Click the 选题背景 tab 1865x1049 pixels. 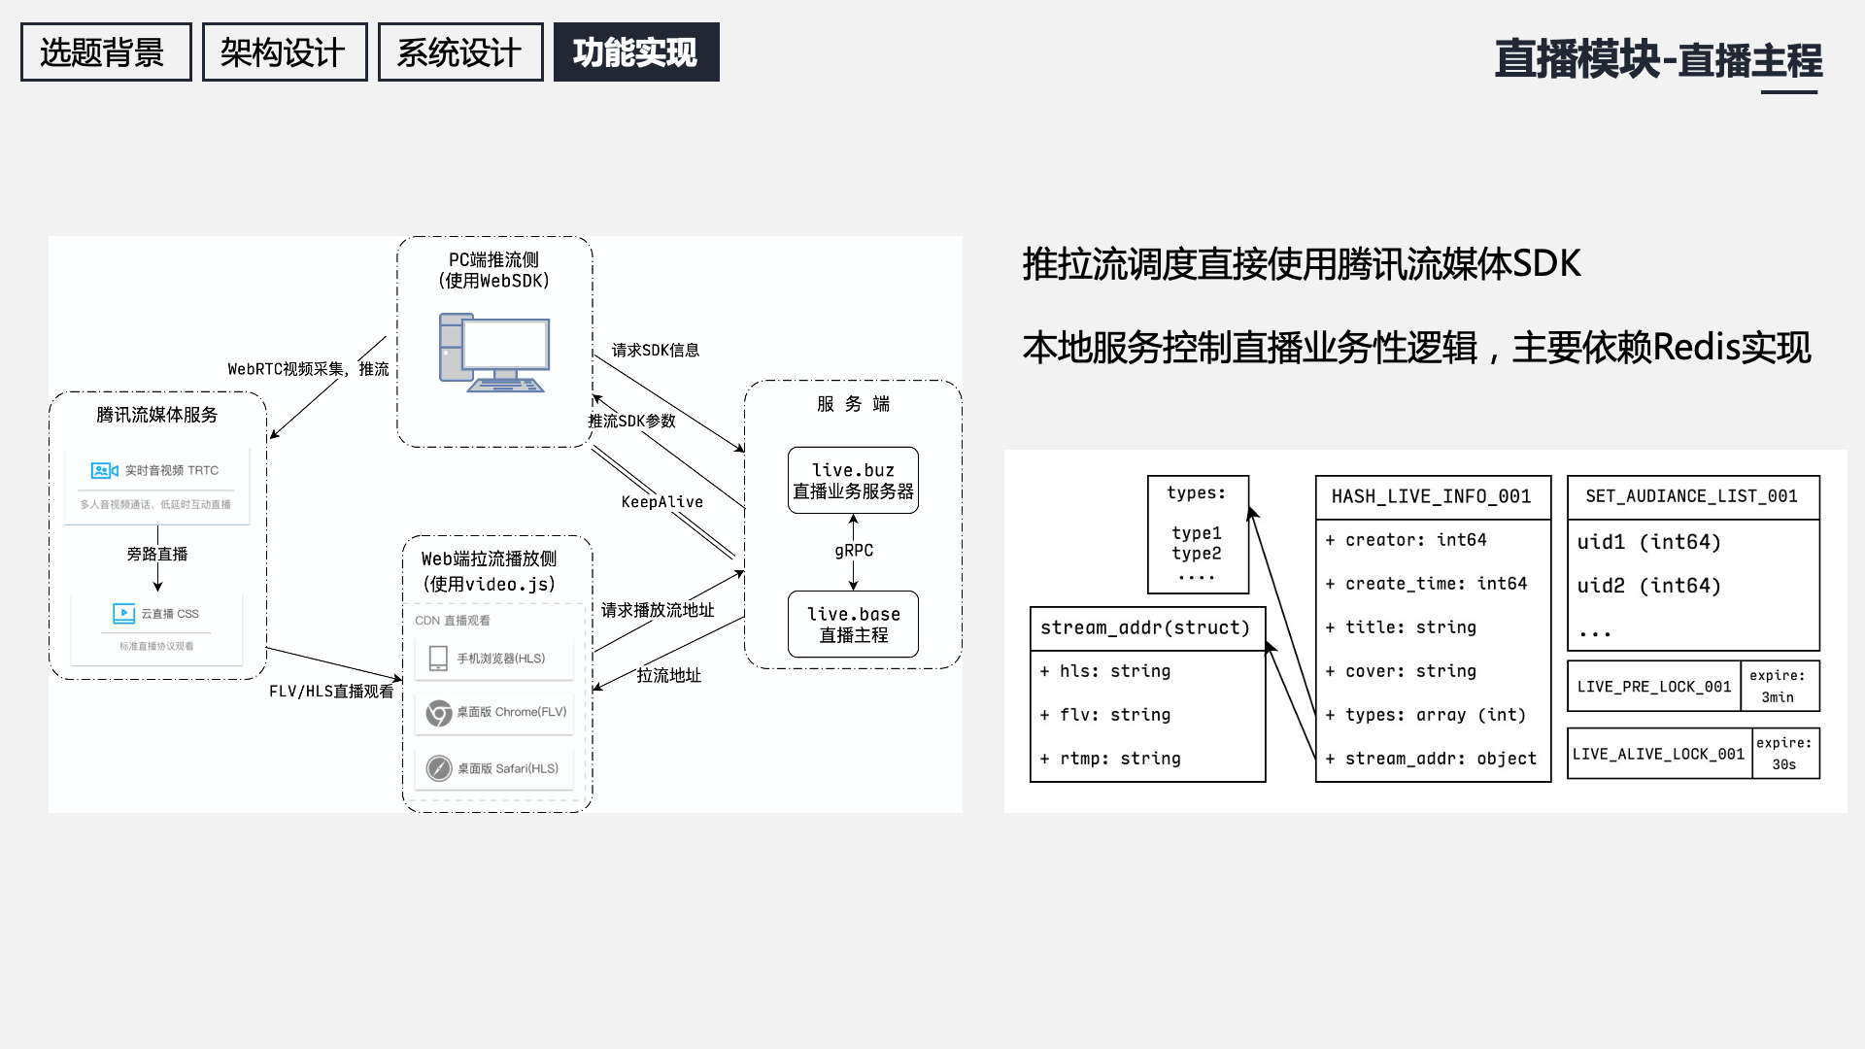click(106, 52)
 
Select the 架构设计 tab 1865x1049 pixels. click(284, 52)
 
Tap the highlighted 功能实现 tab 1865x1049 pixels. click(636, 52)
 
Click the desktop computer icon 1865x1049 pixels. click(494, 353)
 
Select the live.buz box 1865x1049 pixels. click(853, 480)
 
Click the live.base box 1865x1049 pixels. click(853, 624)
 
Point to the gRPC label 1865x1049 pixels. click(854, 551)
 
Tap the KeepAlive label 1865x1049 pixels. click(662, 502)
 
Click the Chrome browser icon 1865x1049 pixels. click(439, 713)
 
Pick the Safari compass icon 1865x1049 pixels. click(439, 768)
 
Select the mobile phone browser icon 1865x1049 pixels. click(438, 659)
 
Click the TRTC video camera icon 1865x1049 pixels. click(104, 471)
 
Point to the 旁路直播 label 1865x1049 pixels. click(157, 555)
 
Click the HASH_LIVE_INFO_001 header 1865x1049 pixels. click(1432, 497)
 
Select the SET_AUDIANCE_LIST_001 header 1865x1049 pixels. click(1692, 497)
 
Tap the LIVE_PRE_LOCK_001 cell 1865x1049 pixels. click(1654, 687)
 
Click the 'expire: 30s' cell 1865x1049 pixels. click(1784, 754)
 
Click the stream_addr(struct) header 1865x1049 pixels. click(1145, 628)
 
